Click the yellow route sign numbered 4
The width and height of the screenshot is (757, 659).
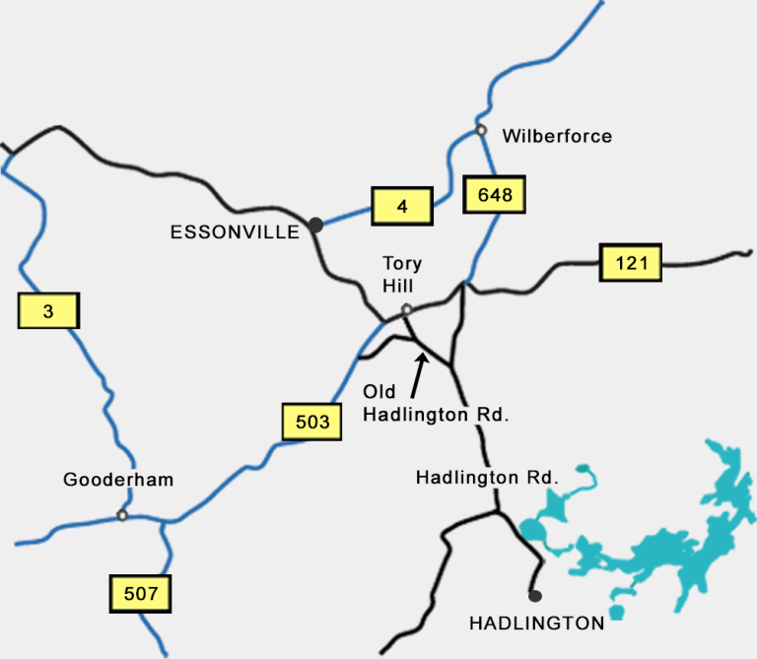coord(402,207)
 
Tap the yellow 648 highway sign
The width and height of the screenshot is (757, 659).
coord(495,195)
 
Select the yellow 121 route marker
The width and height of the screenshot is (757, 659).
coord(631,262)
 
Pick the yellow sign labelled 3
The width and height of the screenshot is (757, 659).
coord(48,312)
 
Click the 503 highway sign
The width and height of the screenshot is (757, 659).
coord(311,422)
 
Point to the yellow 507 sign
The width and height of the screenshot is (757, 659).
coord(141,593)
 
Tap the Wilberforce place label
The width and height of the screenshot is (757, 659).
coord(557,136)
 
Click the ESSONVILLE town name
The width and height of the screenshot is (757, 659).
coord(235,232)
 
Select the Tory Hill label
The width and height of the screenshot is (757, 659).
coord(403,274)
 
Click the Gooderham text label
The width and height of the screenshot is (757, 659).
coord(118,480)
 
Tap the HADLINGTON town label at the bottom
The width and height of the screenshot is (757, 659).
coord(536,623)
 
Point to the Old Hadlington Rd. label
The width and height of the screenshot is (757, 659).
coord(436,404)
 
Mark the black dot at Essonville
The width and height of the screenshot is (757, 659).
coord(315,225)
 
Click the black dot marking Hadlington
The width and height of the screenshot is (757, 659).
coord(534,595)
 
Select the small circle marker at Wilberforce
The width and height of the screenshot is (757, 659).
coord(481,130)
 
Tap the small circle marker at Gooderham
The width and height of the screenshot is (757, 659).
coord(122,514)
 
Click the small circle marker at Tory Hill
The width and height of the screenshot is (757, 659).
coord(406,310)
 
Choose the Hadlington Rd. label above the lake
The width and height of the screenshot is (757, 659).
coord(487,478)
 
